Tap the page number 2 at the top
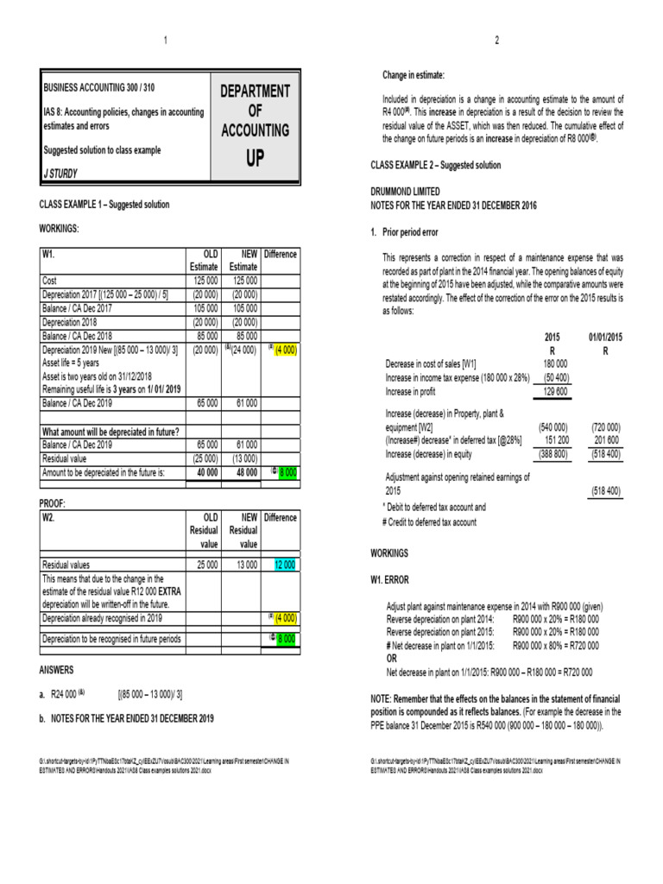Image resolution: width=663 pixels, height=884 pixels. click(x=497, y=41)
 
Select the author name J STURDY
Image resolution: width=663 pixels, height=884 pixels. click(x=61, y=174)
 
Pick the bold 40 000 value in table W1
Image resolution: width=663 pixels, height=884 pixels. click(x=204, y=473)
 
